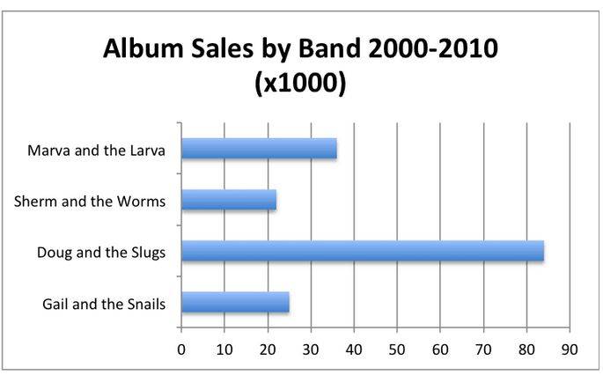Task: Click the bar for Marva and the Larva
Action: point(259,149)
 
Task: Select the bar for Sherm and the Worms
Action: point(229,201)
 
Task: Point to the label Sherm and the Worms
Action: point(92,201)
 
